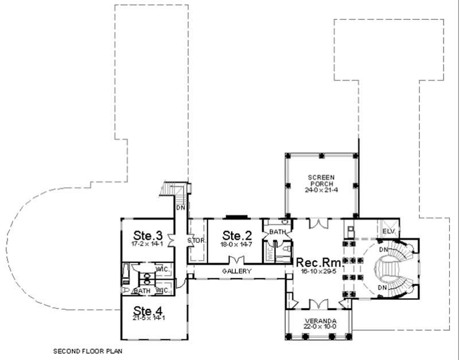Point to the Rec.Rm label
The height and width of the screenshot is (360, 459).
(x=318, y=262)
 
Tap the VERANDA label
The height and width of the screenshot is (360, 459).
(x=321, y=320)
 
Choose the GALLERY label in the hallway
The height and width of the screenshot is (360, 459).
(x=237, y=271)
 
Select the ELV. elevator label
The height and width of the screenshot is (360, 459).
(x=387, y=232)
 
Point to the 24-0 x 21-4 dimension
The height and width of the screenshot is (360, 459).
(x=321, y=190)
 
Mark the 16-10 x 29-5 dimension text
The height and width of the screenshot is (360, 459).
(x=318, y=271)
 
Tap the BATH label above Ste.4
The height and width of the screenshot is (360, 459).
(x=142, y=291)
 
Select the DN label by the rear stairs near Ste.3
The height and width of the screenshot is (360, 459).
(x=180, y=208)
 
